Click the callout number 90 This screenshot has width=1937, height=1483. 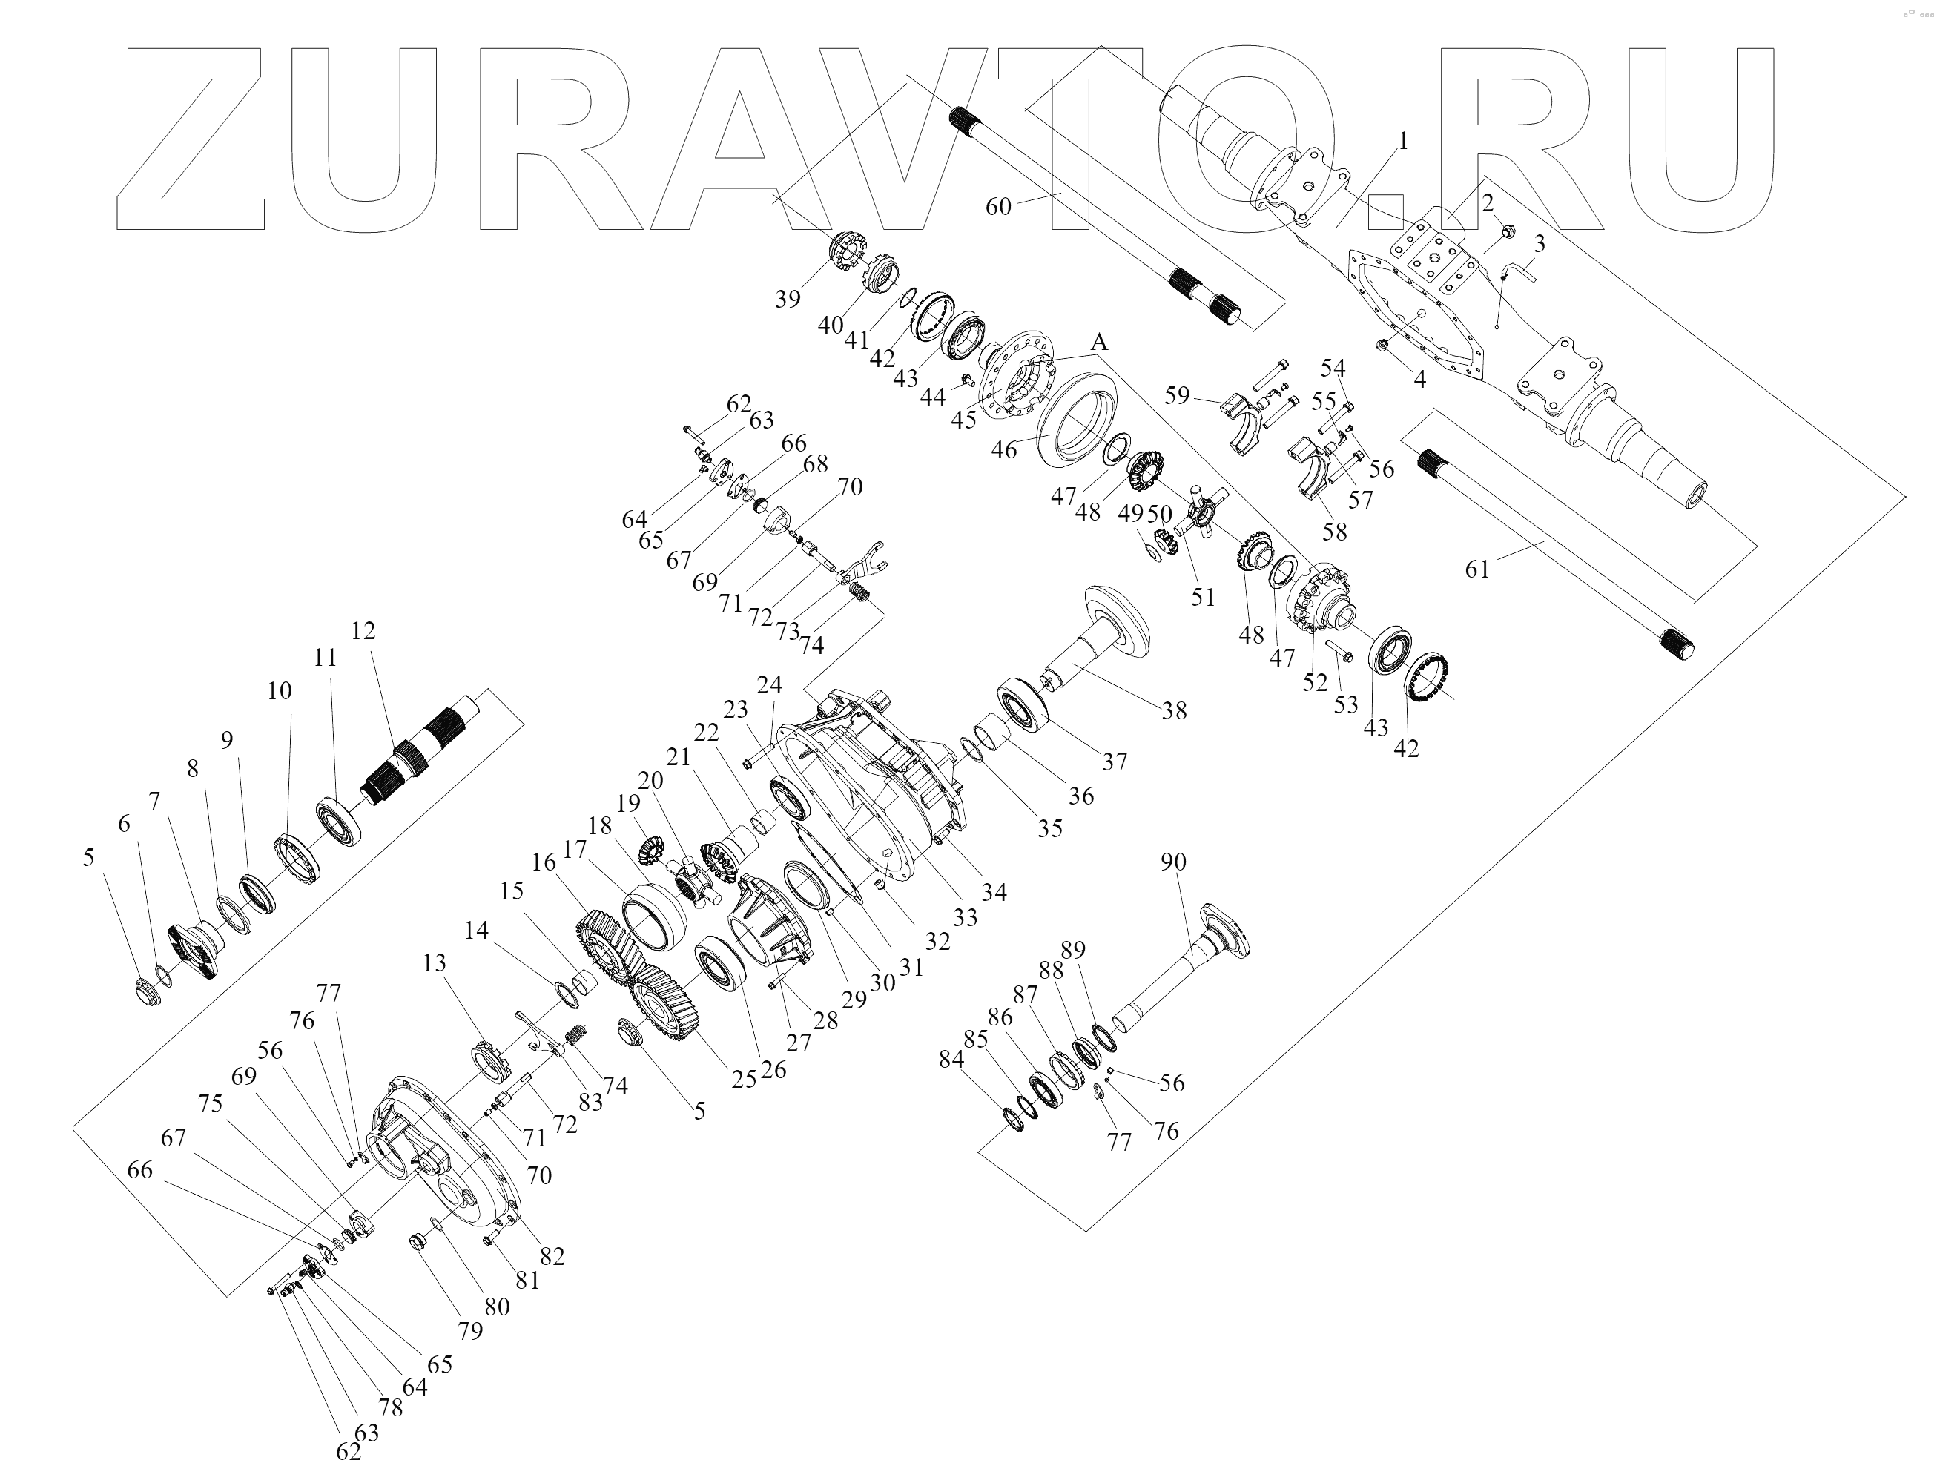pos(1172,862)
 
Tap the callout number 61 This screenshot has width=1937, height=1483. pos(1477,569)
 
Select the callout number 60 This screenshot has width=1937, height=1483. pos(997,207)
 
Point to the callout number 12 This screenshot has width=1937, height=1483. pos(363,630)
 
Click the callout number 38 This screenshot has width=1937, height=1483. pos(1173,710)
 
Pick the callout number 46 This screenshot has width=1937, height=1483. pos(1004,449)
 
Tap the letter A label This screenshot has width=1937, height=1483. pos(1099,343)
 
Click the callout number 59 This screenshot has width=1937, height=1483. pos(1177,394)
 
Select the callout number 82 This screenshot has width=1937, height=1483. pos(552,1255)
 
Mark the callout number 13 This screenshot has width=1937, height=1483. pos(435,962)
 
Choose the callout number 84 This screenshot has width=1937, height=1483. pos(951,1060)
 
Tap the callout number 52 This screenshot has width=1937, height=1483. pos(1316,681)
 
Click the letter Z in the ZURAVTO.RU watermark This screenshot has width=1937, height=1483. pos(190,137)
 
